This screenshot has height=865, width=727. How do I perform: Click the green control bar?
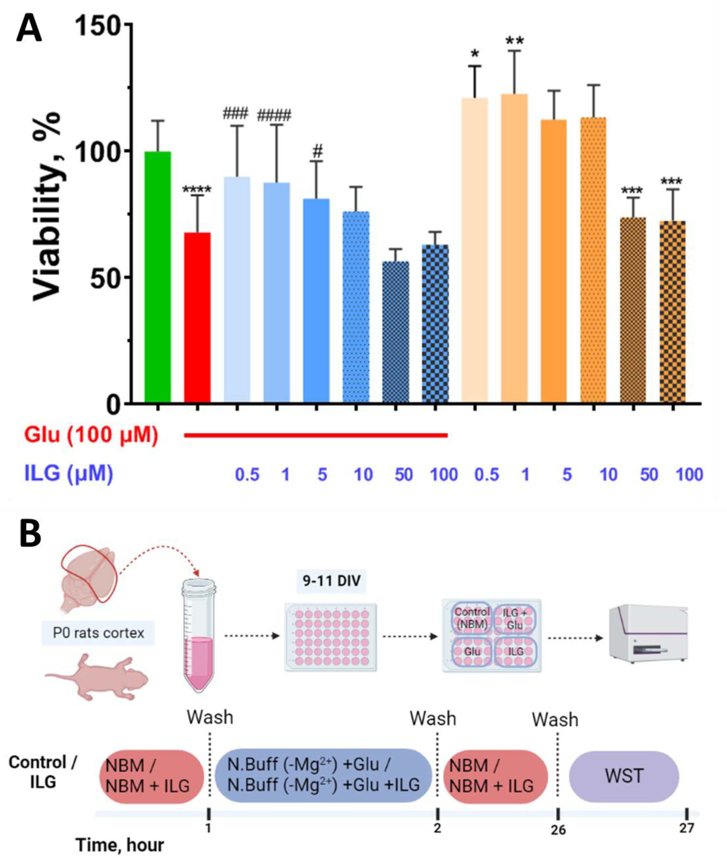(158, 276)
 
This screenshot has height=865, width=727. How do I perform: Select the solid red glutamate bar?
(197, 317)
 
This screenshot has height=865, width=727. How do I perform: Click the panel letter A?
(29, 29)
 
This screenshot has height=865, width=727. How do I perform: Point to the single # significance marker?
(317, 151)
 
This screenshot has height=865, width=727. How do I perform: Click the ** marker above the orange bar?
(514, 41)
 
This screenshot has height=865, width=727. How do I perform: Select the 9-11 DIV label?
(331, 581)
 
